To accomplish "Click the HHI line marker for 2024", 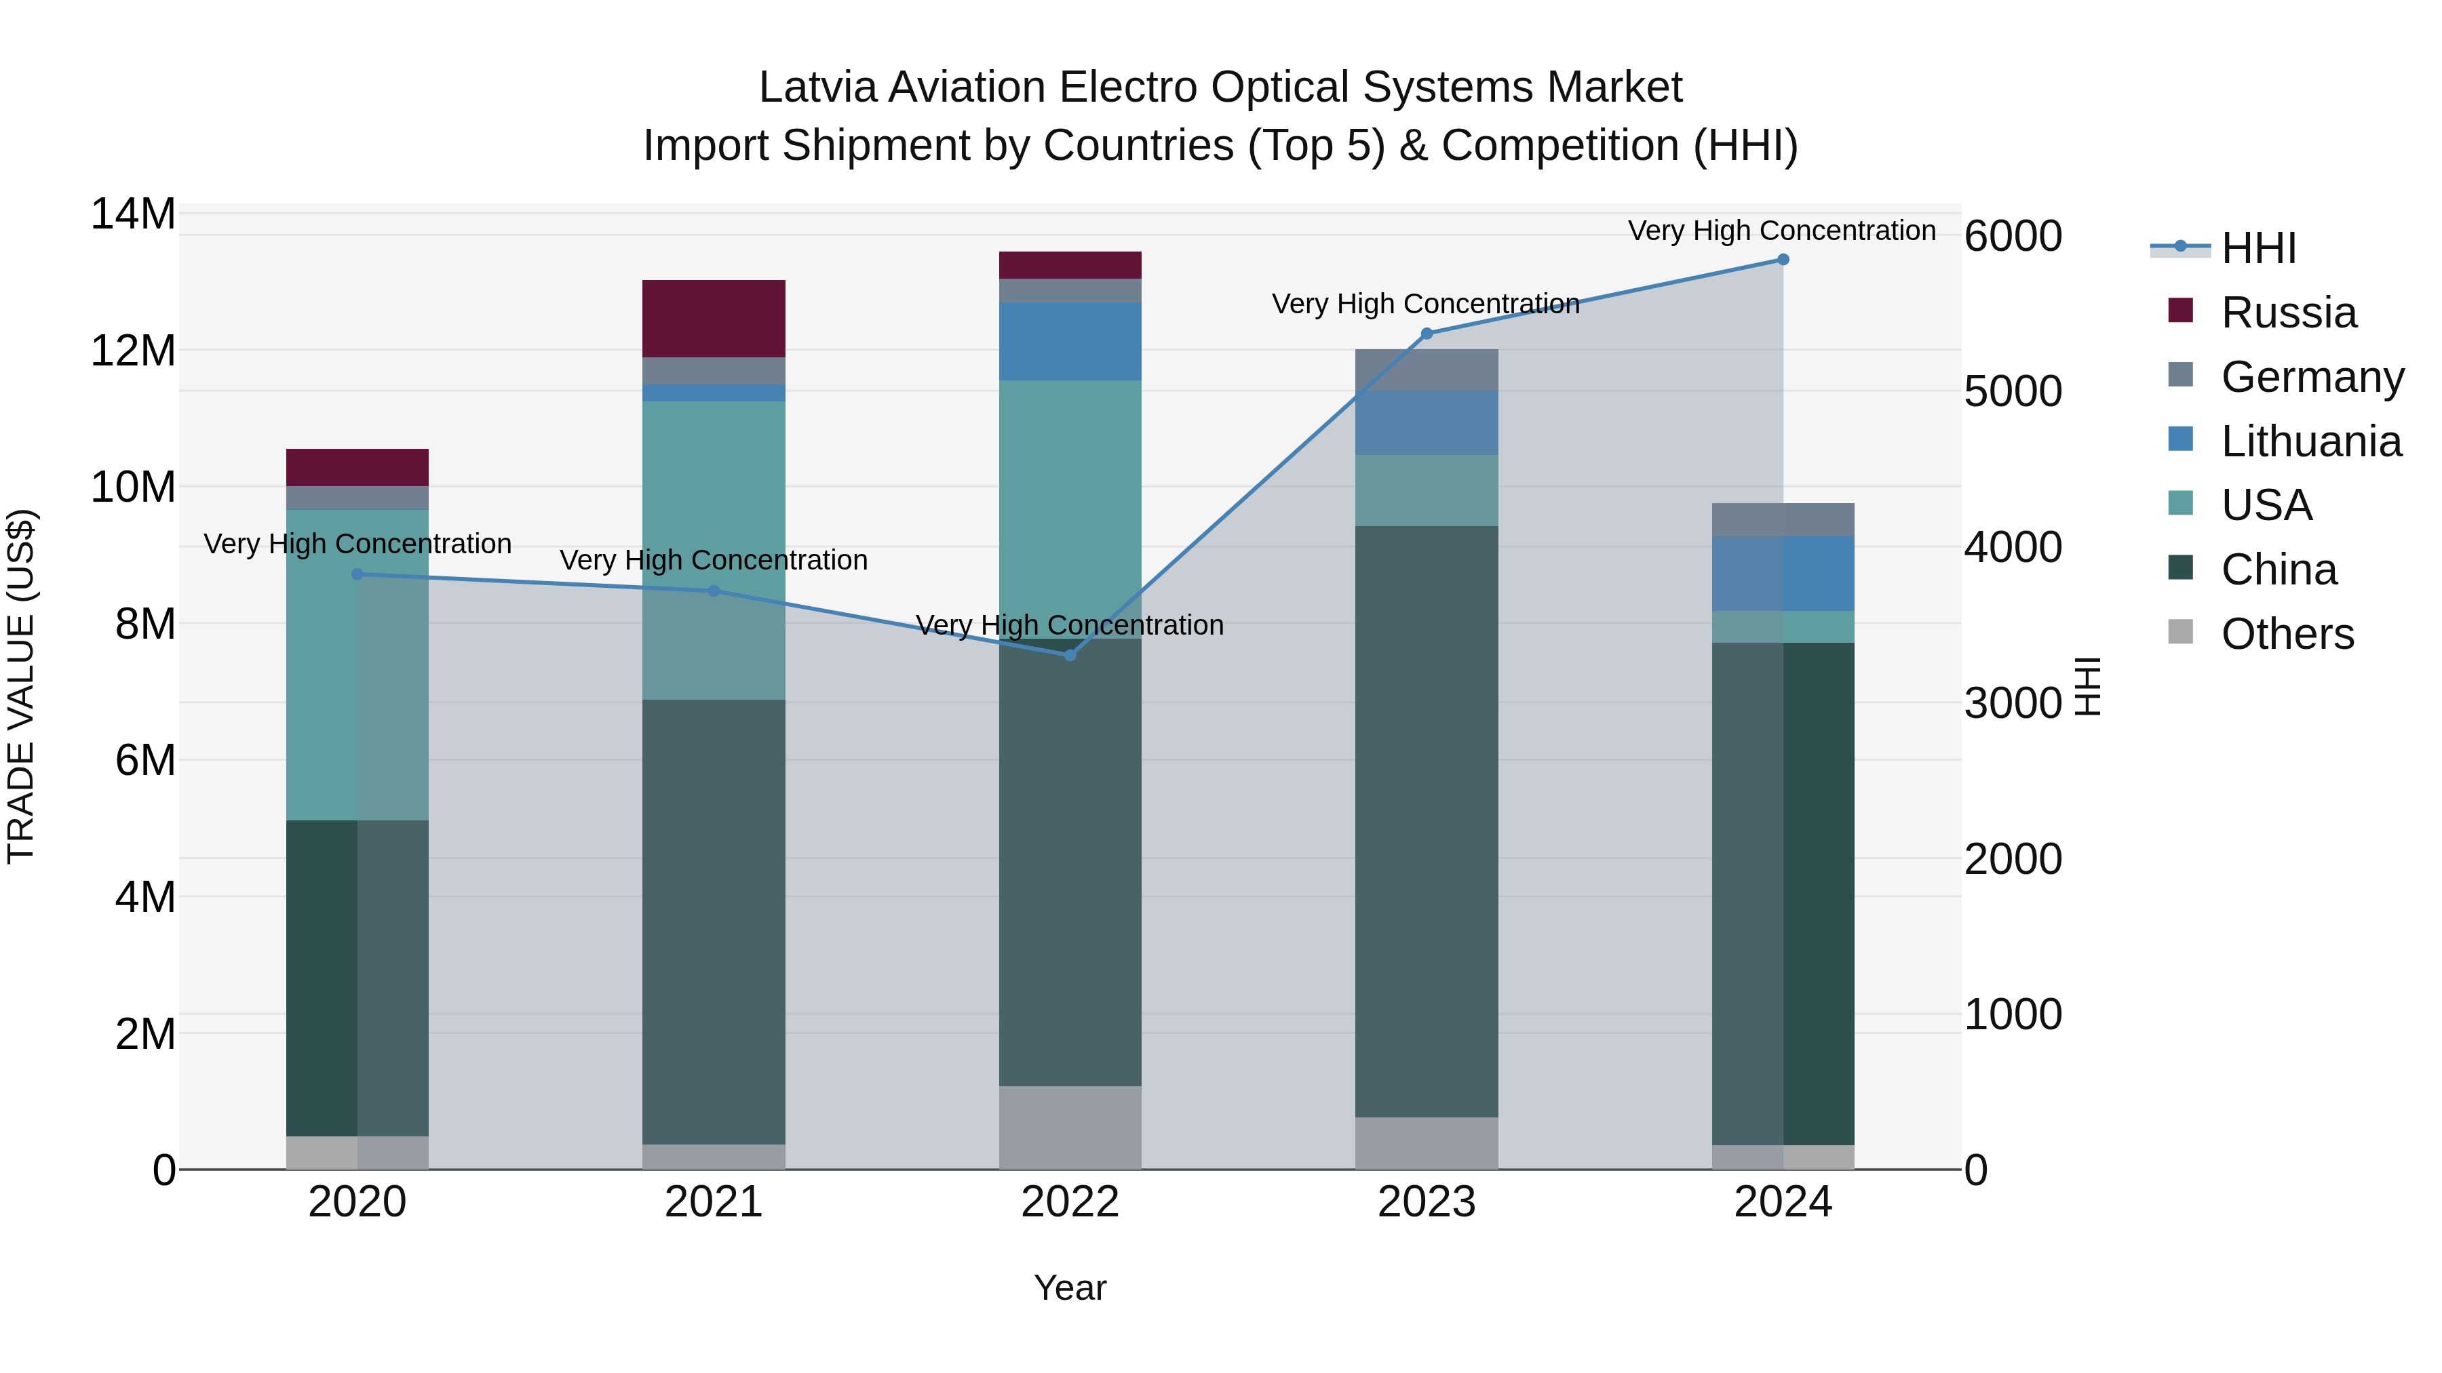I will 1782,260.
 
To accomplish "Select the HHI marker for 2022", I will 1070,655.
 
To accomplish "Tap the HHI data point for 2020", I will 357,574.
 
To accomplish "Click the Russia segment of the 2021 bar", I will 714,319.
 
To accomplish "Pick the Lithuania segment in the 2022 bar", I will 1070,341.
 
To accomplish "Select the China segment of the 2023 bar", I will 1427,820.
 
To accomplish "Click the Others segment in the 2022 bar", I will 1070,1127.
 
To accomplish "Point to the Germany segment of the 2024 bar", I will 1782,519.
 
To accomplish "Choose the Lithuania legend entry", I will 2310,441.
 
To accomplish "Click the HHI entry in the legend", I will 2258,248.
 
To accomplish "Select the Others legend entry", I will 2287,634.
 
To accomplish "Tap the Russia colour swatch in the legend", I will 2180,311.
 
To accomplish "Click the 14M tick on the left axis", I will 133,214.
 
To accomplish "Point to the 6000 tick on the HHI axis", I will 2013,236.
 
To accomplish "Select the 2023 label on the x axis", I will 1427,1202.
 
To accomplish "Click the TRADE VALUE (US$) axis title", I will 21,686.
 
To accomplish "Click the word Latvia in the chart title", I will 817,87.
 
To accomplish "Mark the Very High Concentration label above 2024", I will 1781,231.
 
